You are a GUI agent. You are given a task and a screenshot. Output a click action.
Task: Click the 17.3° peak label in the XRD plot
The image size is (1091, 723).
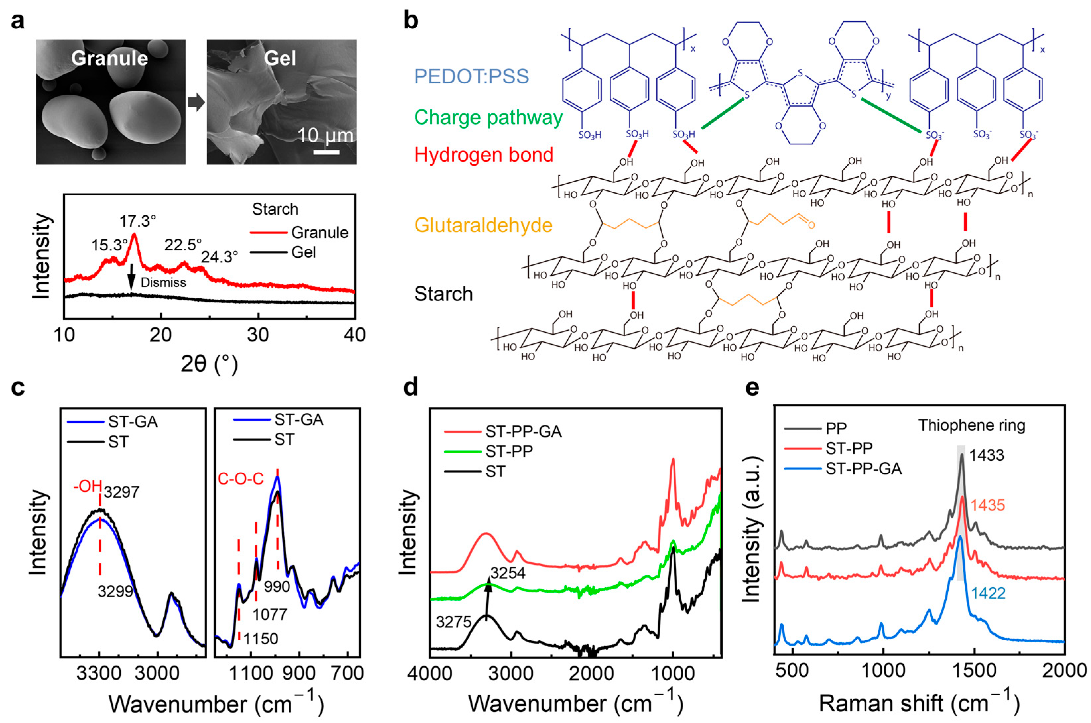click(x=138, y=222)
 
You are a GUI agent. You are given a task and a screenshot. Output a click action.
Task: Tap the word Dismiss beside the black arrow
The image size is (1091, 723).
click(x=163, y=283)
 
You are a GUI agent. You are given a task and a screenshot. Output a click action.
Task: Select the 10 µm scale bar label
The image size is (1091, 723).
click(x=325, y=136)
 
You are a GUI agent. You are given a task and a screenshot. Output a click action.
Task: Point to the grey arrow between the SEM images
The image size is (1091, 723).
click(x=196, y=104)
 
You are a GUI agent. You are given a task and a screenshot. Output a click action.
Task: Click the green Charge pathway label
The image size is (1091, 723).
click(x=488, y=118)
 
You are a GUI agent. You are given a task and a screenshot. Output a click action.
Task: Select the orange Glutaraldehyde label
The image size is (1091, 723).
click(x=483, y=225)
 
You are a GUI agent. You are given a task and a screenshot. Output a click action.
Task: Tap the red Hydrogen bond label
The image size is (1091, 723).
click(x=484, y=155)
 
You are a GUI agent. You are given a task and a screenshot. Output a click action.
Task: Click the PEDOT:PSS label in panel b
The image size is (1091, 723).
click(x=471, y=77)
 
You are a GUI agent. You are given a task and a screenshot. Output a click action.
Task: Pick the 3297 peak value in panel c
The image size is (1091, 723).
click(x=121, y=492)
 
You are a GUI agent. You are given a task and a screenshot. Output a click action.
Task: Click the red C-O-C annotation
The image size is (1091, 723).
click(x=240, y=479)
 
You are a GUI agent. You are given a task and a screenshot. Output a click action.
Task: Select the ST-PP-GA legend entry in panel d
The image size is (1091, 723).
click(x=523, y=432)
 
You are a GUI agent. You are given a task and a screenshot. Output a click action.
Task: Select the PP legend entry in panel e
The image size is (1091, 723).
click(x=836, y=429)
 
